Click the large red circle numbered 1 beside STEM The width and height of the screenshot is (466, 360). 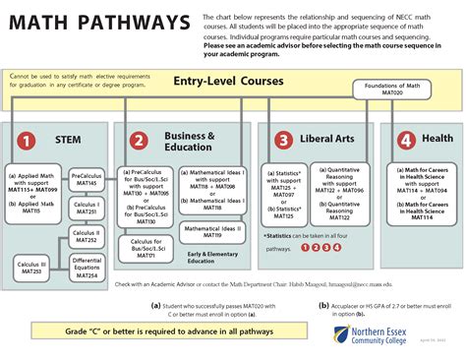click(28, 141)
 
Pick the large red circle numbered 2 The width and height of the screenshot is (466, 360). click(140, 141)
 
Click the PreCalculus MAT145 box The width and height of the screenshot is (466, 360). click(88, 180)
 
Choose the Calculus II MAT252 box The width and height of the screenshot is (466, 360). click(87, 236)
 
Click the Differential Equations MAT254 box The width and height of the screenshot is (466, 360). click(87, 268)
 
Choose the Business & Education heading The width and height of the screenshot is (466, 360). click(189, 141)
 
